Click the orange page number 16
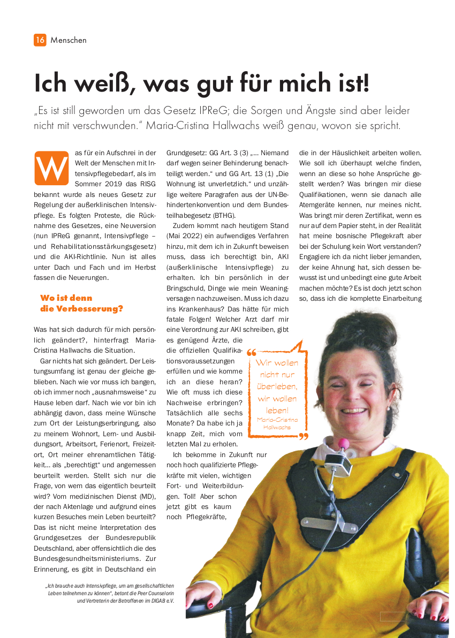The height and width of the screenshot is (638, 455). [x=40, y=40]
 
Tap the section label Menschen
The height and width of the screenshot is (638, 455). [x=69, y=40]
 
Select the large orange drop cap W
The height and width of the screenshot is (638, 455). [x=51, y=168]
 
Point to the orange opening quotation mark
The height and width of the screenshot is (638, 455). [x=251, y=353]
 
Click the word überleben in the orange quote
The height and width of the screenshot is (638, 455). [x=277, y=386]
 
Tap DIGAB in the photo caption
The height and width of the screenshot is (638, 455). [x=157, y=601]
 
